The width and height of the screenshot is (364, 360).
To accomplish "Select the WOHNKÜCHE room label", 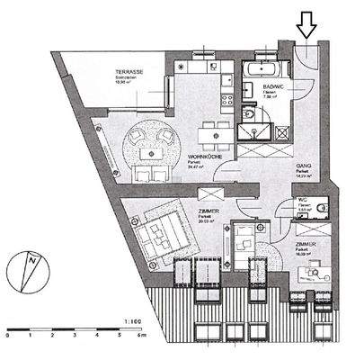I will tap(204, 157).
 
